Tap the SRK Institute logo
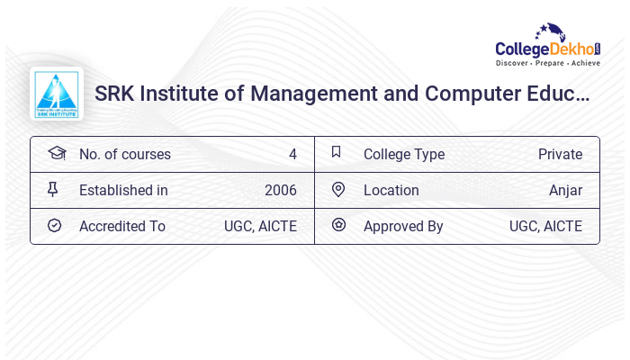(57, 94)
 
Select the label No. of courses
(124, 154)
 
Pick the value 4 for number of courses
(292, 154)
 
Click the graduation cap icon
(57, 153)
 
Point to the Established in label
(123, 190)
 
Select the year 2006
(280, 190)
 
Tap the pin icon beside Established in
(53, 189)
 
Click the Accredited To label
(121, 226)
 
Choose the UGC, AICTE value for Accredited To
(260, 226)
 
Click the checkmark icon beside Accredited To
(54, 225)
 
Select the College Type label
(403, 154)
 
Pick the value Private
(560, 154)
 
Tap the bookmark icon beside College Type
(337, 152)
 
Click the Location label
(391, 190)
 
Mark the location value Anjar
(565, 190)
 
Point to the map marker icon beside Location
(338, 189)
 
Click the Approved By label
(403, 226)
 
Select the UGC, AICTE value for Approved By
(545, 226)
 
